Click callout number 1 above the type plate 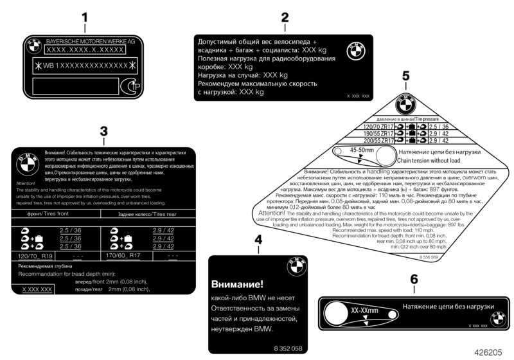[x=84, y=17]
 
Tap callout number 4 [x=258, y=240]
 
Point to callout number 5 [x=405, y=76]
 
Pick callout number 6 [x=414, y=280]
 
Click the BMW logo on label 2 [x=355, y=52]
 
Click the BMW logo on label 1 [x=32, y=46]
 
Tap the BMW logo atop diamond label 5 [x=406, y=104]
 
